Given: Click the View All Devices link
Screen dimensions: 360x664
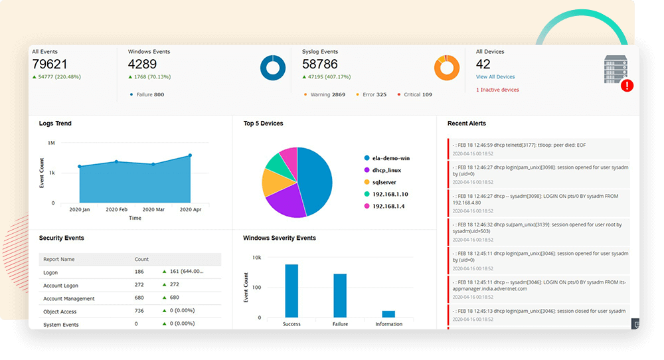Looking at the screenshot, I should [495, 77].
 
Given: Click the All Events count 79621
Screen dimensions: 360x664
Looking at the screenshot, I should [50, 64].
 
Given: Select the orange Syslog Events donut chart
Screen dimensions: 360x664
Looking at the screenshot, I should [447, 67].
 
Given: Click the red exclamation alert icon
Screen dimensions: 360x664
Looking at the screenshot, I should [626, 85].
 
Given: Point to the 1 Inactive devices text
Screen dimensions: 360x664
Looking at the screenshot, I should [497, 90].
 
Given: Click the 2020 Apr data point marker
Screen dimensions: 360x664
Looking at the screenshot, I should [190, 155].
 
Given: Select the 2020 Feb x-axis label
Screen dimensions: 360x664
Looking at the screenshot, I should [116, 209].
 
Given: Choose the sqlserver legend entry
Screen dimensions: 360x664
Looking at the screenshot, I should [384, 181].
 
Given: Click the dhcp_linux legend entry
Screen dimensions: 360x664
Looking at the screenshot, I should [386, 170].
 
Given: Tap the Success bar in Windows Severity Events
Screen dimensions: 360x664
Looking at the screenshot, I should [291, 290].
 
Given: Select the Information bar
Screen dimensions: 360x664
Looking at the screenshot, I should [388, 314].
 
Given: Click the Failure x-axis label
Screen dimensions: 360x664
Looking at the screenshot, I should [340, 324].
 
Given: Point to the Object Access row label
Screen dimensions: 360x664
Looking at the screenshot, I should [60, 312].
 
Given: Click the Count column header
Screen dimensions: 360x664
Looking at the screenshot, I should [141, 259].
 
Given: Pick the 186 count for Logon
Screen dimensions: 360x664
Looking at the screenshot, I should [139, 272].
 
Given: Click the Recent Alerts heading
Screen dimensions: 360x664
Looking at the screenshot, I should [466, 124].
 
